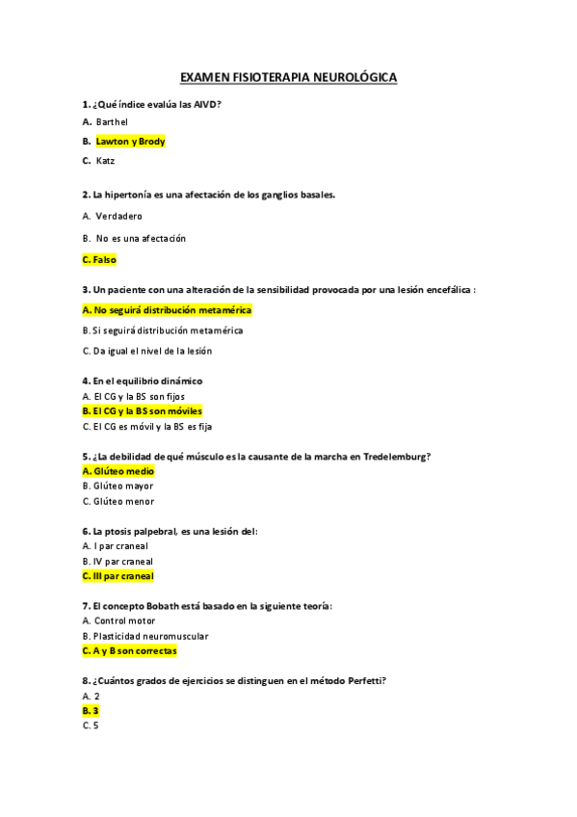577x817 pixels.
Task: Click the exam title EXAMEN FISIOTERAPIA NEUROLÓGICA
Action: pyautogui.click(x=288, y=76)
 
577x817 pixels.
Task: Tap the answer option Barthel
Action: pyautogui.click(x=112, y=121)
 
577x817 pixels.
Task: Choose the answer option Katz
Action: pyautogui.click(x=105, y=161)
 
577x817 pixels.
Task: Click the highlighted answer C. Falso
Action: pyautogui.click(x=99, y=259)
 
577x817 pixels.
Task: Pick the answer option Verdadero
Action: pyautogui.click(x=118, y=216)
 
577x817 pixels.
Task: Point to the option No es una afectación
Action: pyautogui.click(x=141, y=238)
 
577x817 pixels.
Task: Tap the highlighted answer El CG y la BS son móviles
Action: pyautogui.click(x=143, y=411)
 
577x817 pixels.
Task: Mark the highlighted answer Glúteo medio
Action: pyautogui.click(x=118, y=471)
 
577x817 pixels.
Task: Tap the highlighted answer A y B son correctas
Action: pyautogui.click(x=130, y=651)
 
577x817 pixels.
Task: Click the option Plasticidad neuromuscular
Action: pyautogui.click(x=149, y=636)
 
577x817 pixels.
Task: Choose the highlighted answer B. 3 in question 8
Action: pyautogui.click(x=91, y=710)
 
